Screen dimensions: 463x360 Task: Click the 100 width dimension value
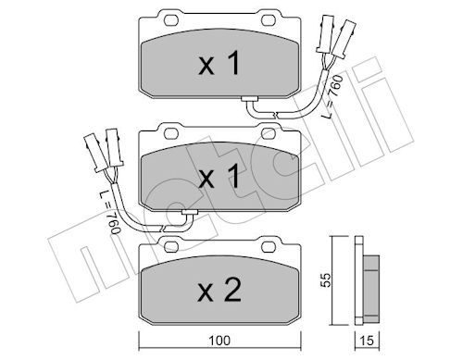[x=219, y=341]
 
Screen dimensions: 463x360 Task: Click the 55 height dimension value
[x=325, y=279]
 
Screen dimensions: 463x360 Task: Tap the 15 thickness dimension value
[x=367, y=341]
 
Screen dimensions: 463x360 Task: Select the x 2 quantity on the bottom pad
[x=219, y=290]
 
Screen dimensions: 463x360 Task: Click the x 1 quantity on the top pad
[x=219, y=63]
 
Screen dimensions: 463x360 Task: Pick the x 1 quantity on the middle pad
[x=219, y=176]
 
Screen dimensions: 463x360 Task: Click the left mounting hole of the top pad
[x=171, y=20]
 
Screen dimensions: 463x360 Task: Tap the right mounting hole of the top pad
[x=269, y=20]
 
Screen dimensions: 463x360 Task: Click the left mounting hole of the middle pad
[x=171, y=133]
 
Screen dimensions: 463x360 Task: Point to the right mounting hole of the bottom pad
[x=269, y=246]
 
